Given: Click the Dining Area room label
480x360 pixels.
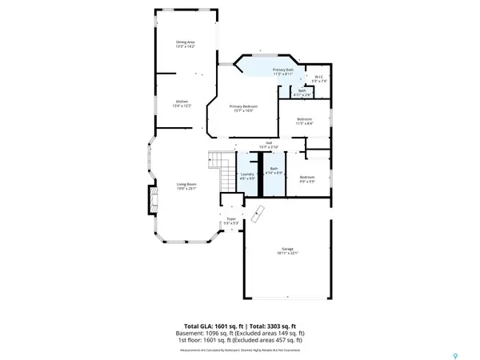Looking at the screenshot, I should [186, 42].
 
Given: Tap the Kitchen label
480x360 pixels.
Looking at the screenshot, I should [182, 102].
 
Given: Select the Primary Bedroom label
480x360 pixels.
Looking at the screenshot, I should [243, 106].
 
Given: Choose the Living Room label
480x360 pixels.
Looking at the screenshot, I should [186, 185].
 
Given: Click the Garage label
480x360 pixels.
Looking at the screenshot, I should [287, 250].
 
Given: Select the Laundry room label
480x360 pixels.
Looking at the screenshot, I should [246, 174].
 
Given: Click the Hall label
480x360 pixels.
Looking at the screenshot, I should [268, 144].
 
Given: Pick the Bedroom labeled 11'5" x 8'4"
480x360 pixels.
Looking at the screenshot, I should [304, 121].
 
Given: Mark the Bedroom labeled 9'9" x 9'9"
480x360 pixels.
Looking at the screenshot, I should [308, 177].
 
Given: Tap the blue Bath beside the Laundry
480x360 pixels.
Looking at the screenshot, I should [274, 170].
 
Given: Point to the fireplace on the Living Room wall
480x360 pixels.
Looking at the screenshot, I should [147, 200].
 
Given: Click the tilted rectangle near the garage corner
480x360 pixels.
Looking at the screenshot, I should [256, 214].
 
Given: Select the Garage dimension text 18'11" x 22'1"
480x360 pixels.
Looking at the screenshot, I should [287, 254].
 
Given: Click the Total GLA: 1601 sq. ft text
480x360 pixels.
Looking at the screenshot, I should [211, 328].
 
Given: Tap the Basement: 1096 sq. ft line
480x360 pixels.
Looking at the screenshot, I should [240, 334].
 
